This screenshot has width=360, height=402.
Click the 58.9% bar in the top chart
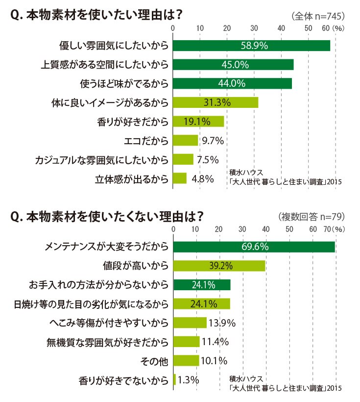tap(251, 46)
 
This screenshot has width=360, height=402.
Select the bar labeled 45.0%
tap(233, 65)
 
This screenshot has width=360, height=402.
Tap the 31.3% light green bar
tap(216, 102)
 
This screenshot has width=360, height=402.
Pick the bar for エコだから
tap(186, 140)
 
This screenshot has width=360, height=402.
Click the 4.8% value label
tap(203, 179)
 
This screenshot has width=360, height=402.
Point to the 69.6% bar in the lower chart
tap(254, 247)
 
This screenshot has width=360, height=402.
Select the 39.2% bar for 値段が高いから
tap(219, 266)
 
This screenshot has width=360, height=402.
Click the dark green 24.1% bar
tap(202, 285)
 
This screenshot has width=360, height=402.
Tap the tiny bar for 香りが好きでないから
tap(174, 379)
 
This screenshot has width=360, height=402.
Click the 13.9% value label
tap(222, 323)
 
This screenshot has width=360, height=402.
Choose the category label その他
tap(154, 361)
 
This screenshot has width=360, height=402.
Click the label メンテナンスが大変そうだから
tap(107, 247)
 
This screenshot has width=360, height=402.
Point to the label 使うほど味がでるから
tap(124, 83)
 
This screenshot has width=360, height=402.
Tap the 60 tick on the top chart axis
tap(326, 28)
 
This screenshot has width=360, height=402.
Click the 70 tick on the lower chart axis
tap(328, 229)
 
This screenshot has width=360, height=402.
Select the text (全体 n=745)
tap(318, 16)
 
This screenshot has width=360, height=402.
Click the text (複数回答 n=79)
tap(312, 217)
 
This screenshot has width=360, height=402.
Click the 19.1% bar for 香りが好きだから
tap(198, 122)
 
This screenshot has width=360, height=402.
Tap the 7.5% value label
tap(208, 160)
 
